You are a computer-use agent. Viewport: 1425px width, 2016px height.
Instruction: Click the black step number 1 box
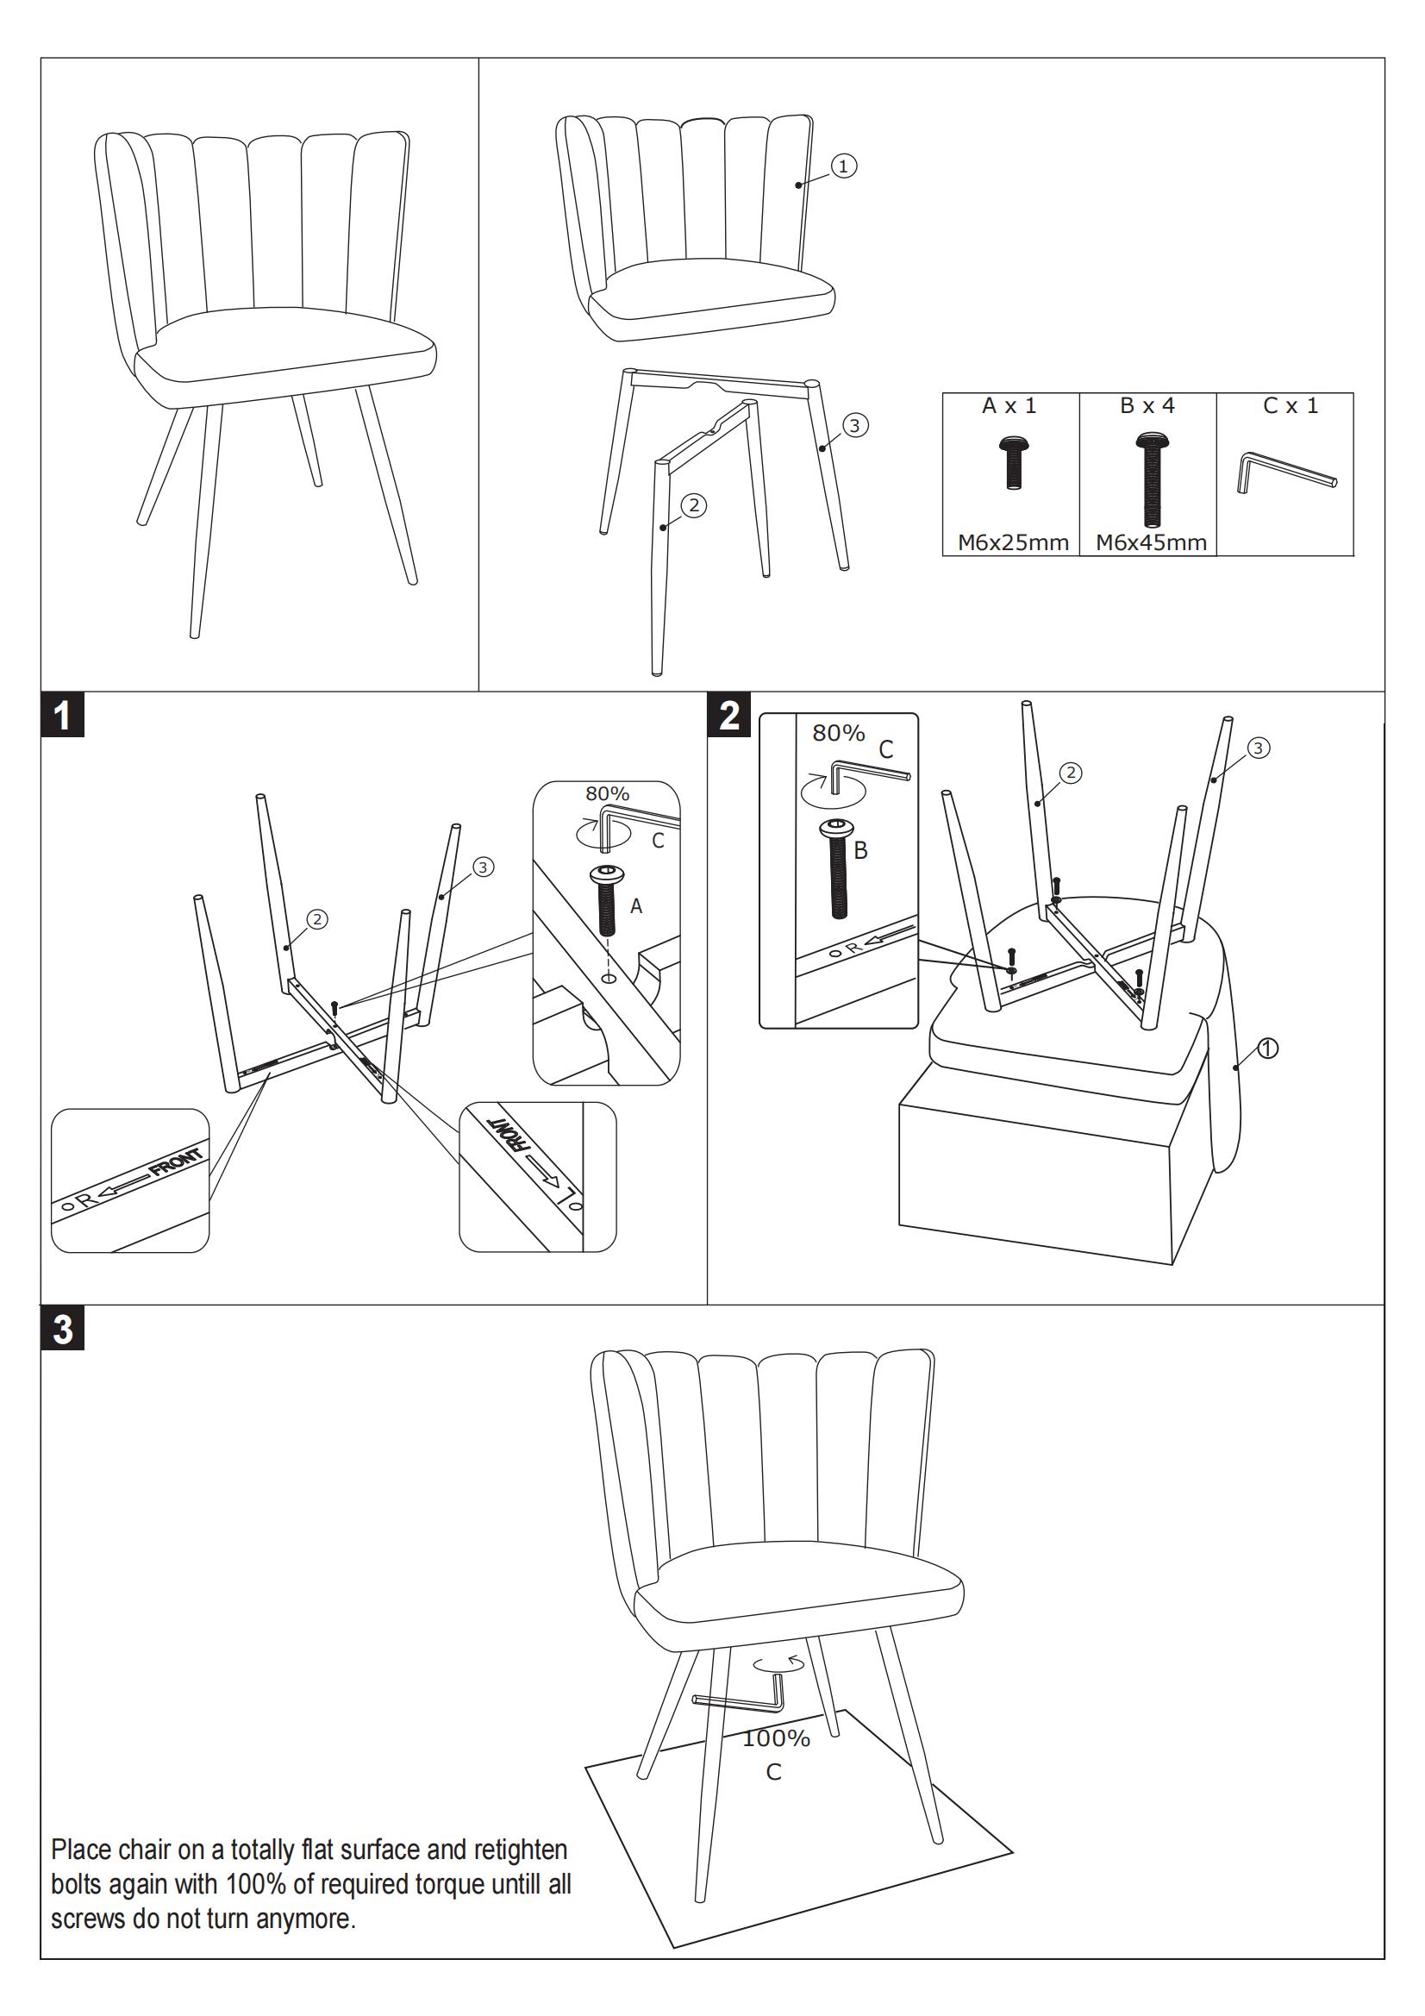[x=62, y=716]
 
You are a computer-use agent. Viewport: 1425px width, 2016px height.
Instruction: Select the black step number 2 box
[x=729, y=716]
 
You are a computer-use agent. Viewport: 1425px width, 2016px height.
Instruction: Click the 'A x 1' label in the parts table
[x=1009, y=405]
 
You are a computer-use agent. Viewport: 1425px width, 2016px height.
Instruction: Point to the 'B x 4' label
[x=1147, y=405]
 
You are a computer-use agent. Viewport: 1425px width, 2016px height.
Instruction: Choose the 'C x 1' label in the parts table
[x=1290, y=405]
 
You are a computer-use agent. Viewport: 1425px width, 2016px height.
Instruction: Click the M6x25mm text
[x=1012, y=542]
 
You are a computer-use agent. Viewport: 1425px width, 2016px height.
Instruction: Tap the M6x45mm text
[x=1150, y=542]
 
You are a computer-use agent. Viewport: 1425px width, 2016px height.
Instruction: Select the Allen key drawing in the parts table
[x=1286, y=472]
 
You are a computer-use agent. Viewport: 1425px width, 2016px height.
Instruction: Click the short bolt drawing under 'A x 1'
[x=1013, y=462]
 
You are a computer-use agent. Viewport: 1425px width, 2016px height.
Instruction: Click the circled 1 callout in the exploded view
[x=844, y=166]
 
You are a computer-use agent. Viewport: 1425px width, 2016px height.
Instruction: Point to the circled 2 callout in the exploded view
[x=694, y=505]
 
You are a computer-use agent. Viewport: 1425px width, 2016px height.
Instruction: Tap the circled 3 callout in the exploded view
[x=855, y=426]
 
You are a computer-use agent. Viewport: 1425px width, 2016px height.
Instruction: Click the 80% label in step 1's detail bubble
[x=608, y=794]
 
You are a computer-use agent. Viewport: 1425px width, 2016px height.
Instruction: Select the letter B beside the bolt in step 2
[x=860, y=850]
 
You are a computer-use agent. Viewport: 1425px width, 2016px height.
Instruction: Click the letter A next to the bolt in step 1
[x=636, y=906]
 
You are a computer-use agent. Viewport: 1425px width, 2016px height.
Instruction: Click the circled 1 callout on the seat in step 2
[x=1268, y=1048]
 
